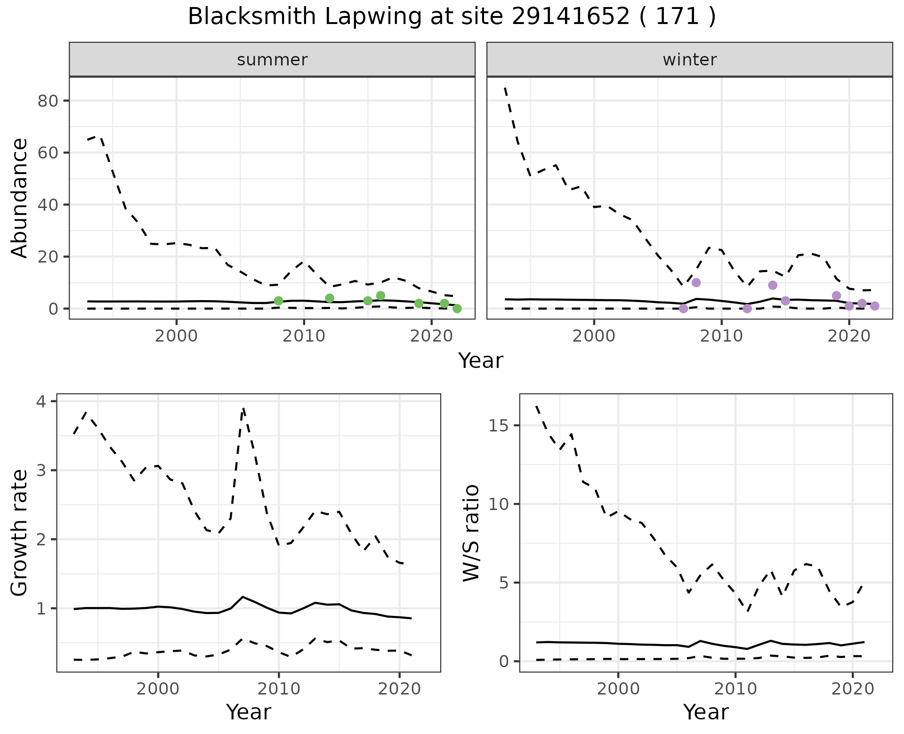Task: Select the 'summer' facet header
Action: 272,60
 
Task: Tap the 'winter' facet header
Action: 689,60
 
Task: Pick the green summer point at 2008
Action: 278,301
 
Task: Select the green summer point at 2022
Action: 457,309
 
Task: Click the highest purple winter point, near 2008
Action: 696,282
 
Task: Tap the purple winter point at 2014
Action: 773,285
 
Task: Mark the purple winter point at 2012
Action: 747,309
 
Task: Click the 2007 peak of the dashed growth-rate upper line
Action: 243,408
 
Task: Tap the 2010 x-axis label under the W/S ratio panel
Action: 735,689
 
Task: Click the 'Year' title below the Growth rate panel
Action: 249,712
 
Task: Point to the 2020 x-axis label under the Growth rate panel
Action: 399,689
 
